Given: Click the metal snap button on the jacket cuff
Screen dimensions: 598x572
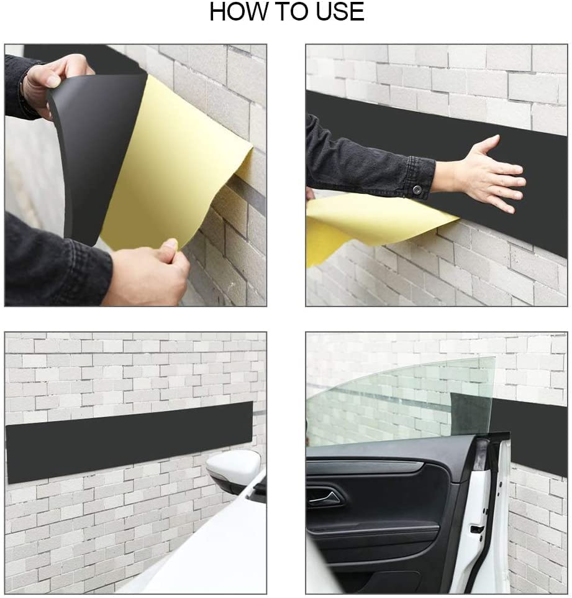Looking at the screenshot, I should coord(417,188).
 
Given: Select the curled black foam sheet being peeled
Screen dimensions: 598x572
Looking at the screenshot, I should coord(93,149).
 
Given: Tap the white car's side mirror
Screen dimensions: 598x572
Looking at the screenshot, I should coord(233,470).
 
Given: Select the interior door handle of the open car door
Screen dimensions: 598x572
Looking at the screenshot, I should coord(325,497).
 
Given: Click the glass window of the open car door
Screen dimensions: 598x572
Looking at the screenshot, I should coord(397,398).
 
